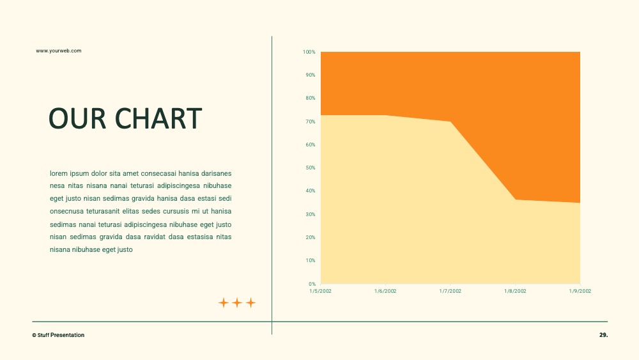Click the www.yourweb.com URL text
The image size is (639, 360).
(x=59, y=51)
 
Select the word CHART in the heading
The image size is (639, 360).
(x=158, y=119)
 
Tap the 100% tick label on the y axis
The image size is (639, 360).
(x=309, y=52)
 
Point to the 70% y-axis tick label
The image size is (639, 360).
(x=311, y=121)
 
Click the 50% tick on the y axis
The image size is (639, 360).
(x=311, y=168)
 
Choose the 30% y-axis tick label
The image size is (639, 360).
(x=311, y=214)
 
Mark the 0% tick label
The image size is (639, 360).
(x=312, y=284)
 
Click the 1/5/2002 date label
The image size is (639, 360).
(x=320, y=291)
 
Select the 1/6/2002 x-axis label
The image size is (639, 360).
(x=385, y=291)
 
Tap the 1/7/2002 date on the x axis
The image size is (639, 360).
(x=450, y=291)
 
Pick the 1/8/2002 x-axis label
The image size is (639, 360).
(x=515, y=291)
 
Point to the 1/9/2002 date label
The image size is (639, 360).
(x=580, y=291)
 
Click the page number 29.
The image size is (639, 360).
(x=604, y=334)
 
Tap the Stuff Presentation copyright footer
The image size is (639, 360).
(x=58, y=335)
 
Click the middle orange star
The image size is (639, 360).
(x=237, y=302)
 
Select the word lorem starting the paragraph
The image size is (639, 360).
(x=59, y=173)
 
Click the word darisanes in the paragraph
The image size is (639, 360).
(x=217, y=173)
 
